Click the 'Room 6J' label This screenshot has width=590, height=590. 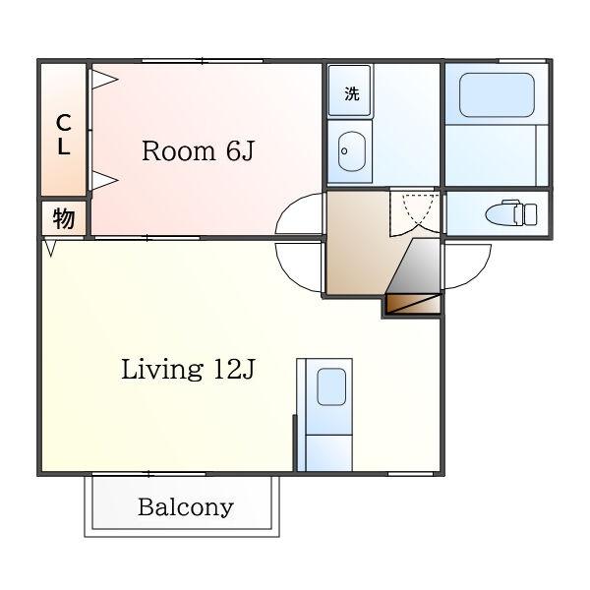click(199, 151)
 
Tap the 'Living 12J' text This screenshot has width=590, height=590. click(188, 369)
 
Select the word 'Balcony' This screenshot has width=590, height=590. click(186, 508)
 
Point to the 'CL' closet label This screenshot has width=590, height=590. click(64, 135)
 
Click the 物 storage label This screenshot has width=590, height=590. click(64, 218)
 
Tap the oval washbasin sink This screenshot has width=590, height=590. click(352, 151)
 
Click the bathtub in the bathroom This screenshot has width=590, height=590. click(497, 94)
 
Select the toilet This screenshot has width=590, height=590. click(511, 213)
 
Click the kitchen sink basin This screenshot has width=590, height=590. click(331, 386)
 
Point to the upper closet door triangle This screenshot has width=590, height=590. click(104, 80)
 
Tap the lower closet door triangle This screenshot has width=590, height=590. click(104, 180)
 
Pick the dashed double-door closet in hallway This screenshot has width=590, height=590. click(415, 213)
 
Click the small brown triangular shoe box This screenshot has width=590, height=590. click(413, 304)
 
